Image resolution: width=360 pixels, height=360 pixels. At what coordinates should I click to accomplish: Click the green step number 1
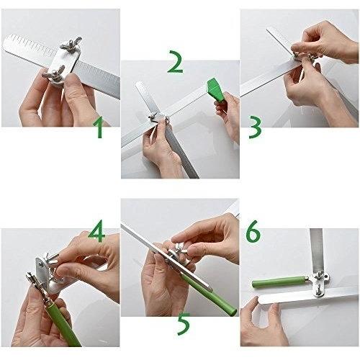coord(99,127)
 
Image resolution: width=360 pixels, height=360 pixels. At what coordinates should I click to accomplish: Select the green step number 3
coord(255,127)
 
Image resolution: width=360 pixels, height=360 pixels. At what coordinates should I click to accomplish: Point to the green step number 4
coord(96,231)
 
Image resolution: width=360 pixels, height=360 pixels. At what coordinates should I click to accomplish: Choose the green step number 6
coord(253,231)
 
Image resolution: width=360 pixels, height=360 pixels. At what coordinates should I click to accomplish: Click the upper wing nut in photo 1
coord(71,43)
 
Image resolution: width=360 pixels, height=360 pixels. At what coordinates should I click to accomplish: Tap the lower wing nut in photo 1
coord(54,73)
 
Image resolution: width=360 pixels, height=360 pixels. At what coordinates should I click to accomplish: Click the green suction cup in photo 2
coord(215,90)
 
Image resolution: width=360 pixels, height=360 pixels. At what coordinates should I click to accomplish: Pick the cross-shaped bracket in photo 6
coord(319,283)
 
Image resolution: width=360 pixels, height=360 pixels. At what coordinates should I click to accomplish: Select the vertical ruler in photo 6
coord(316,251)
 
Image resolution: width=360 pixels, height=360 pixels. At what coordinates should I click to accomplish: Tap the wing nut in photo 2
coord(153,117)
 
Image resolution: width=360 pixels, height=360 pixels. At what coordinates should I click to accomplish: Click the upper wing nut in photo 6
coord(320,276)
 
